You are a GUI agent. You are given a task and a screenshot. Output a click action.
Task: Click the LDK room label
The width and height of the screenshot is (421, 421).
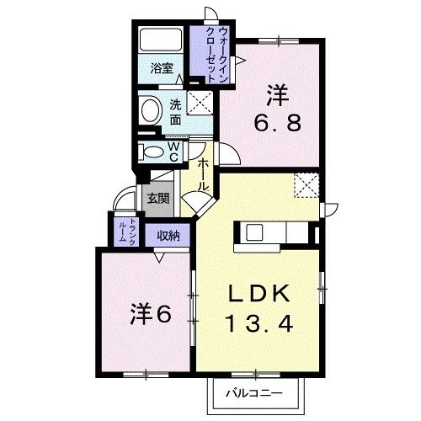pyautogui.click(x=260, y=294)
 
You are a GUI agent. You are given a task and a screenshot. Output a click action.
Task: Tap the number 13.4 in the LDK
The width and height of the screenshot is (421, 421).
pyautogui.click(x=260, y=323)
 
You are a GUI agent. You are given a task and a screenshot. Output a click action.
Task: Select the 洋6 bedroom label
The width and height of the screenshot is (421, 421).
pyautogui.click(x=151, y=314)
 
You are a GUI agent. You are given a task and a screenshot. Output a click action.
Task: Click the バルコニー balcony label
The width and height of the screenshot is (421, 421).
pyautogui.click(x=253, y=392)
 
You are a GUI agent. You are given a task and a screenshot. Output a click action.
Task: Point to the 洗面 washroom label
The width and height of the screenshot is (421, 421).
pyautogui.click(x=175, y=112)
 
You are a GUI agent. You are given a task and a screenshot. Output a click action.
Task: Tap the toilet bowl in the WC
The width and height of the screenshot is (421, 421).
pyautogui.click(x=154, y=152)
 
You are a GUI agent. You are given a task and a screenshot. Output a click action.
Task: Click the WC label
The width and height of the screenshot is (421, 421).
pyautogui.click(x=172, y=152)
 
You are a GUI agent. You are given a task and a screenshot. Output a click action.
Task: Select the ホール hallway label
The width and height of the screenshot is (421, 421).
pyautogui.click(x=204, y=176)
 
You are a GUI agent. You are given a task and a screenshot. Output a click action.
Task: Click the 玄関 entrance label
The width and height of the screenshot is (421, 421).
pyautogui.click(x=157, y=199)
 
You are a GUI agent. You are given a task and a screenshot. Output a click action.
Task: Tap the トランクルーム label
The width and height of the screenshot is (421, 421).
pyautogui.click(x=121, y=228)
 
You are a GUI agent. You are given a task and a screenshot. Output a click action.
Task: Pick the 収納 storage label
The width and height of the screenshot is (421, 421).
pyautogui.click(x=168, y=236)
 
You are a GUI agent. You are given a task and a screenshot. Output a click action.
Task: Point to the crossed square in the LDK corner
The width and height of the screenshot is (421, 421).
pyautogui.click(x=306, y=184)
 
